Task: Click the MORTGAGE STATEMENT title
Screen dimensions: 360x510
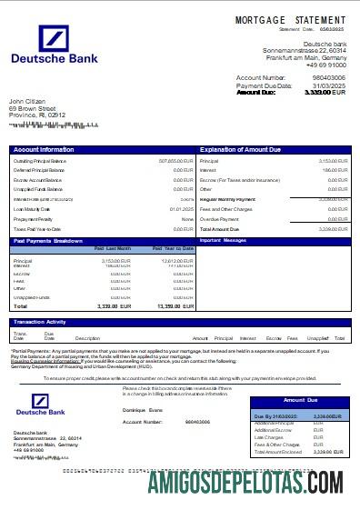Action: (x=290, y=19)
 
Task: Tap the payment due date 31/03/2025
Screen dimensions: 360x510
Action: (x=329, y=85)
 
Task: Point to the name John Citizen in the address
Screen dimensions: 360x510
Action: (x=28, y=101)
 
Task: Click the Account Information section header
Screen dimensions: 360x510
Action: (x=45, y=149)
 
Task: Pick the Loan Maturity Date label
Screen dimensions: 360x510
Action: (x=33, y=209)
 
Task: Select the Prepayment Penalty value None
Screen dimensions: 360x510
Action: (x=187, y=219)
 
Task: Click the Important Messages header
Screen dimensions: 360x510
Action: (x=223, y=241)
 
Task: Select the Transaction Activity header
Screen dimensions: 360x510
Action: (x=40, y=322)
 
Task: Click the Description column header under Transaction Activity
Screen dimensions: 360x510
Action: (x=87, y=338)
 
